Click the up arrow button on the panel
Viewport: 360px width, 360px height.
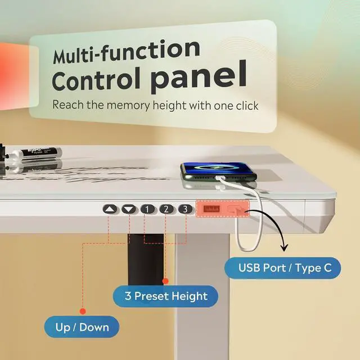[111, 209]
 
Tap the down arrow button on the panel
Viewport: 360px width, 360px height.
[130, 209]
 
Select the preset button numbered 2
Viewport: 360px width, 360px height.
[166, 209]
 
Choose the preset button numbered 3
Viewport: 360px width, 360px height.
[184, 209]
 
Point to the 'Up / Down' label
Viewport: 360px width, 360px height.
[82, 326]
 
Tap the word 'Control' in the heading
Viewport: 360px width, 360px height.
[99, 80]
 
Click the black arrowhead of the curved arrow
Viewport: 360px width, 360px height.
[283, 246]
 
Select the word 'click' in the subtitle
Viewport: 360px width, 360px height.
[246, 105]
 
